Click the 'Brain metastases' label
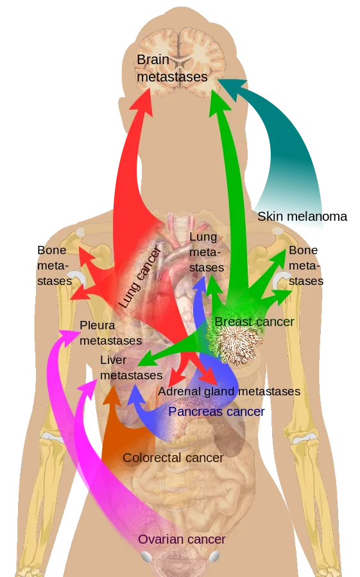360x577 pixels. pyautogui.click(x=172, y=68)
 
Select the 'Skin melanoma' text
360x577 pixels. pyautogui.click(x=302, y=216)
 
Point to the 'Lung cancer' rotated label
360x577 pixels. pyautogui.click(x=140, y=278)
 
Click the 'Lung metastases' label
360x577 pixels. pyautogui.click(x=207, y=252)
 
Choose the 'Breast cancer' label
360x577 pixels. pyautogui.click(x=254, y=322)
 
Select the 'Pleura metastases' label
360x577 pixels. pyautogui.click(x=110, y=333)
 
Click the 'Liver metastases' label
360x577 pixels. pyautogui.click(x=131, y=368)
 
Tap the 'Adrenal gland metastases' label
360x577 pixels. pyautogui.click(x=229, y=391)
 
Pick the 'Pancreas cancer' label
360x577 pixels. pyautogui.click(x=216, y=411)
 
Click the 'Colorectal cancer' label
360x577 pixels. pyautogui.click(x=173, y=458)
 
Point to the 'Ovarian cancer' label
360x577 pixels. pyautogui.click(x=182, y=540)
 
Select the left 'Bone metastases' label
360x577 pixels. pyautogui.click(x=55, y=265)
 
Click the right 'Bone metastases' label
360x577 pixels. pyautogui.click(x=306, y=265)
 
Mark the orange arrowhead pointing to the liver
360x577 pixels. pyautogui.click(x=112, y=395)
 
